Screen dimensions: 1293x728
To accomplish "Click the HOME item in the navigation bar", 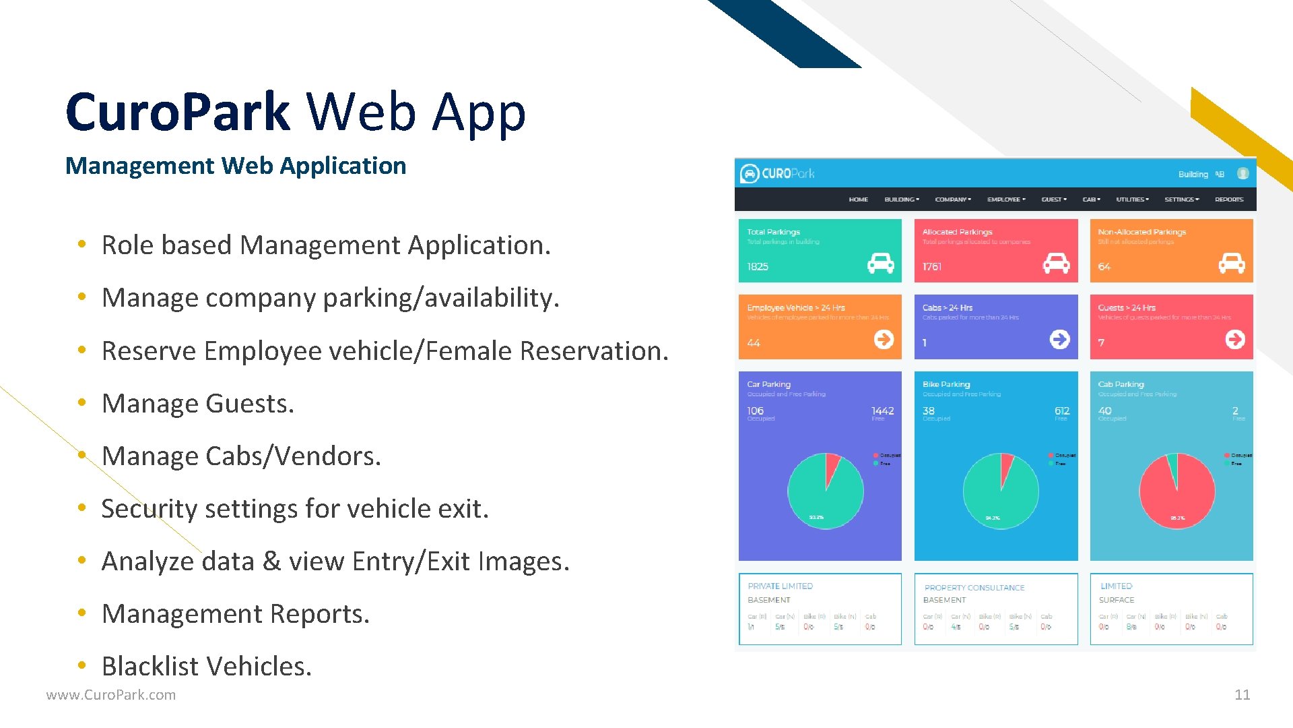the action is point(858,200).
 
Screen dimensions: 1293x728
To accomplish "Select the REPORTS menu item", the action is point(1229,200).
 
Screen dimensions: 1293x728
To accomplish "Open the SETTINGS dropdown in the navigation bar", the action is point(1181,200).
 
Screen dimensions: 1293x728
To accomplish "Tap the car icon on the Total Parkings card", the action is point(880,263).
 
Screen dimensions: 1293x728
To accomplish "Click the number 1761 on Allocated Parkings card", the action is point(932,267).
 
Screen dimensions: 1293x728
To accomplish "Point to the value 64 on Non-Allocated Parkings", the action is point(1104,267).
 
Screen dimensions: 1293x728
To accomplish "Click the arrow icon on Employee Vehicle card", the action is point(884,339).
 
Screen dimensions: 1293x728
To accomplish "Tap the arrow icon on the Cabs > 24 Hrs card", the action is point(1059,339).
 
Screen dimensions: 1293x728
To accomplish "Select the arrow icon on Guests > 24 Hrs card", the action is point(1234,339).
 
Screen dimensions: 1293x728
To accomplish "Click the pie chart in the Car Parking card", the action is point(825,491).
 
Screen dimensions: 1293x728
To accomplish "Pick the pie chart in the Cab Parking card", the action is point(1176,491).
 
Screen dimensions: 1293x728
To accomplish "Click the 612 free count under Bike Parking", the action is point(1061,411).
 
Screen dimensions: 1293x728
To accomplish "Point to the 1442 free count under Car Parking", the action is point(882,411).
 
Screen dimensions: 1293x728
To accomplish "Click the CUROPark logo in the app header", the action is point(777,173).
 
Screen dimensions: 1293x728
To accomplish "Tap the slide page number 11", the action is point(1242,694).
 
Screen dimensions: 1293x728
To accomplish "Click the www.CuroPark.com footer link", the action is point(111,695).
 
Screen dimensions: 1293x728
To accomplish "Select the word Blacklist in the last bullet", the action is point(152,666).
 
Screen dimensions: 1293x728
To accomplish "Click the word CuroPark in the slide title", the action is point(178,112).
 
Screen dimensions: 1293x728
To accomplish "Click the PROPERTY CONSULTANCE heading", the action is point(974,588).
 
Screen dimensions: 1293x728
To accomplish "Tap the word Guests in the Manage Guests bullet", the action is point(249,403).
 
